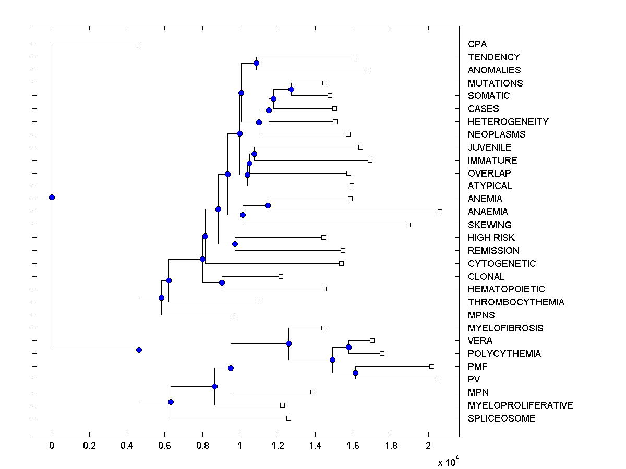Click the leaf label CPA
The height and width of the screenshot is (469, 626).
pos(477,44)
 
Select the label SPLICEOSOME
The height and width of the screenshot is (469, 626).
pos(501,418)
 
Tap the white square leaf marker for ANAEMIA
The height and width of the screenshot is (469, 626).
pos(440,212)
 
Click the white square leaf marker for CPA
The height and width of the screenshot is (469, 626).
pos(139,44)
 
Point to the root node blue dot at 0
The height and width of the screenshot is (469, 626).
pos(52,197)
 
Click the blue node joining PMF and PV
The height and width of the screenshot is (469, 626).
pos(355,373)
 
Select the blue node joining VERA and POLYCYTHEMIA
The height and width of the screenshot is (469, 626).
pos(348,347)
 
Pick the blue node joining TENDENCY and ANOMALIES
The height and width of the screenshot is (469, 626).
pos(256,63)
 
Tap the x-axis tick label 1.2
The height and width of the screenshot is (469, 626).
pos(278,446)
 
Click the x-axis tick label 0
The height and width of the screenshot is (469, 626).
pos(52,446)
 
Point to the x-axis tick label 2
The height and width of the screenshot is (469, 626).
pos(428,446)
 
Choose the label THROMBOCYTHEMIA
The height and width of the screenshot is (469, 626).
pos(516,302)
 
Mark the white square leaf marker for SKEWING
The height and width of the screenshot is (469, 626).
pos(408,225)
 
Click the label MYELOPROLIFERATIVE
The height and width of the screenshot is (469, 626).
pos(520,405)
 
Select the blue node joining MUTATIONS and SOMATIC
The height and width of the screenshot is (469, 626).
pos(291,89)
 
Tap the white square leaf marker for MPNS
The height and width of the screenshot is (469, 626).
pos(233,315)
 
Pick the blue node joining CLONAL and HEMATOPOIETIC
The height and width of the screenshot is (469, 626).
pos(222,282)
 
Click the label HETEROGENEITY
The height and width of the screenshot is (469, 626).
pos(508,122)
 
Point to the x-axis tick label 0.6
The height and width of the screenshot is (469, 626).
pos(164,446)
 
